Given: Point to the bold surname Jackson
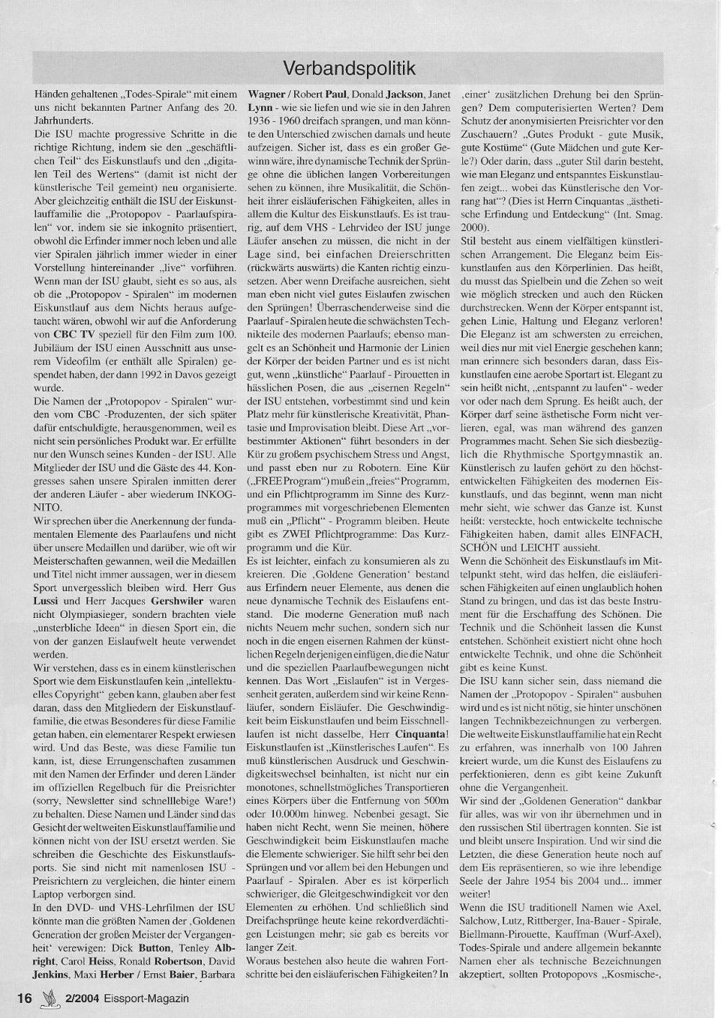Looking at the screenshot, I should (403, 94).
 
